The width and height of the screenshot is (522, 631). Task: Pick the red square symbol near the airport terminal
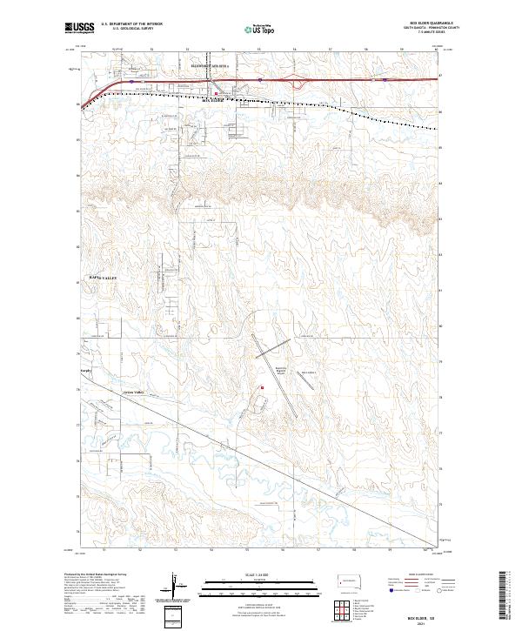[262, 388]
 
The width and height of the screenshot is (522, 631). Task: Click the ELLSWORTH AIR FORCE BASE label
[210, 65]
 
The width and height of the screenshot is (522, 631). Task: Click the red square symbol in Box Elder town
[217, 93]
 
